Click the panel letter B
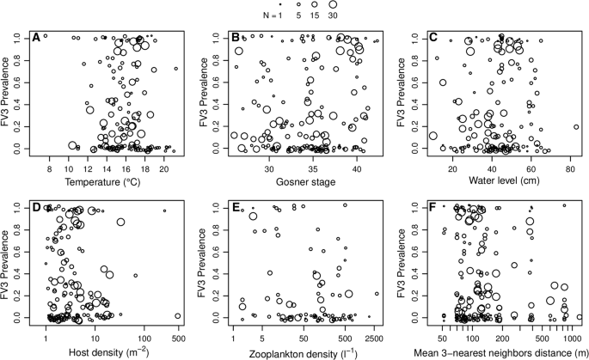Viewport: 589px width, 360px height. coord(234,38)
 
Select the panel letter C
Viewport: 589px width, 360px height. coord(433,38)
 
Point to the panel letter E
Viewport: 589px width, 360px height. coord(234,207)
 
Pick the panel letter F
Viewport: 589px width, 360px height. coord(433,207)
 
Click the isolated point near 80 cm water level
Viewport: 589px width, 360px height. coord(575,126)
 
